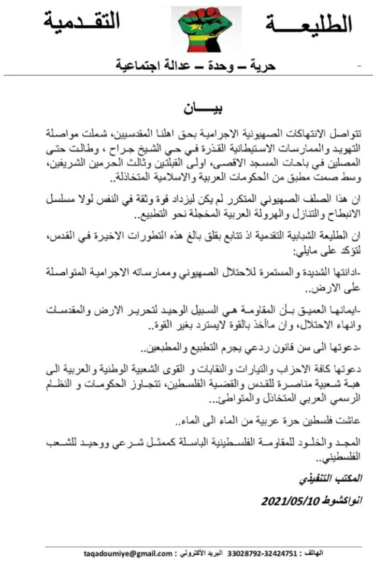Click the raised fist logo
tap(207, 29)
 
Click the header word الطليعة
tap(309, 24)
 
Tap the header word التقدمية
tap(82, 21)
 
